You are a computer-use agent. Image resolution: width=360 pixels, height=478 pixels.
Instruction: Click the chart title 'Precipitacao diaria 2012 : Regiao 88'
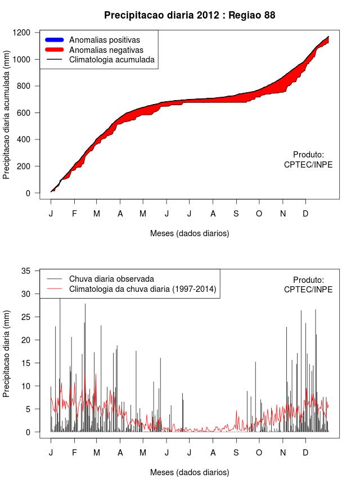(x=190, y=15)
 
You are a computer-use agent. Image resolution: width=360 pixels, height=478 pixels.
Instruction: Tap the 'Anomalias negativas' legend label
(x=106, y=49)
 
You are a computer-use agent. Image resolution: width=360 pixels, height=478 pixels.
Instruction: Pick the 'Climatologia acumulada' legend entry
(x=111, y=59)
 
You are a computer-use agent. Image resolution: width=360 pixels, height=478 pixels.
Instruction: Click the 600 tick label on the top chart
(x=26, y=113)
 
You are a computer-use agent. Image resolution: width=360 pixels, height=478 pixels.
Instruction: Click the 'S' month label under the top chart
(x=236, y=214)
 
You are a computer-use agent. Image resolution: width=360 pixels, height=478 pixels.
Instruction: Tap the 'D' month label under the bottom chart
(x=305, y=453)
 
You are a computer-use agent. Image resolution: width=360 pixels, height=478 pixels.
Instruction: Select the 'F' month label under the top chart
(x=74, y=214)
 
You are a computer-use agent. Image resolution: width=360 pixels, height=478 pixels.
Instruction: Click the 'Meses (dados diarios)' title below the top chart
(x=190, y=233)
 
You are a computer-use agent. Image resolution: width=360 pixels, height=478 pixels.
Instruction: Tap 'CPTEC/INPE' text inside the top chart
(x=308, y=165)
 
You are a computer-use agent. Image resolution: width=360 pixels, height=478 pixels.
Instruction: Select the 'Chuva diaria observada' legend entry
(x=111, y=279)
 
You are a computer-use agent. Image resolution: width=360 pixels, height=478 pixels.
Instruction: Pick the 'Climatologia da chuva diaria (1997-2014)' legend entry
(x=142, y=289)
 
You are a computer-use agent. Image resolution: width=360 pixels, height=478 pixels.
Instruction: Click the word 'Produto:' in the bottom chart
(x=308, y=280)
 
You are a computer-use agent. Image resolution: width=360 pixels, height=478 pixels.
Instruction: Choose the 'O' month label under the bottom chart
(x=259, y=453)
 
